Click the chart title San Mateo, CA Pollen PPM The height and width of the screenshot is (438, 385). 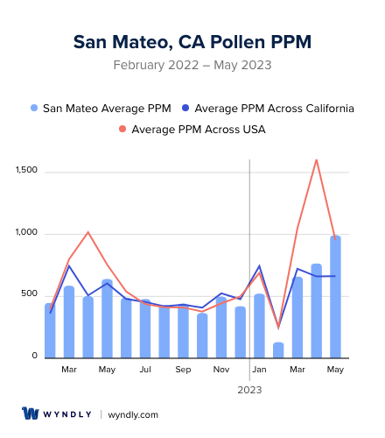pos(192,41)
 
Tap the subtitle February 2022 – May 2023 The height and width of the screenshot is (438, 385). pos(192,65)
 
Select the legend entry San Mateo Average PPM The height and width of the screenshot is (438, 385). pos(101,108)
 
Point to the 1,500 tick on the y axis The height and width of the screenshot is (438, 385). pos(26,171)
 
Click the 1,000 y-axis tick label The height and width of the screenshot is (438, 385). pos(26,233)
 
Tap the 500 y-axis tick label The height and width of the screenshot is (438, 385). pos(30,294)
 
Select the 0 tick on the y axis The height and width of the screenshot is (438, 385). pos(35,357)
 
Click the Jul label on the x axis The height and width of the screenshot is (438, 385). pos(145,370)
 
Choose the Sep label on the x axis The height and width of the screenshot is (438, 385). pos(183,370)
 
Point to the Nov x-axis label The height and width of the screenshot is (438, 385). pos(221,370)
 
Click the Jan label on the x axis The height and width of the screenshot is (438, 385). pos(259,370)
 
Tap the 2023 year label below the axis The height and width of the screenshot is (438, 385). pos(250,389)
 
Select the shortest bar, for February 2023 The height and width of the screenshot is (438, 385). pos(278,350)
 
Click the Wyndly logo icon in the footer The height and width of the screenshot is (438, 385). pos(31,413)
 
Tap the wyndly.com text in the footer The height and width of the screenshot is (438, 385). pos(133,414)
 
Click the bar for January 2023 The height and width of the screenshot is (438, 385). pos(259,326)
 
